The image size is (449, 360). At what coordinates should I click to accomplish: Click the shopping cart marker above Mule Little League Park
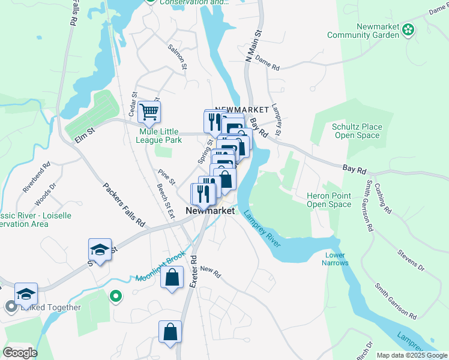click(149, 112)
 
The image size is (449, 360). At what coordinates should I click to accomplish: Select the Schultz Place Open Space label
click(357, 131)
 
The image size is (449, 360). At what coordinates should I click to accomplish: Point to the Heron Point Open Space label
click(328, 200)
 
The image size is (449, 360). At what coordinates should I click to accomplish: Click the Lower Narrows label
click(334, 259)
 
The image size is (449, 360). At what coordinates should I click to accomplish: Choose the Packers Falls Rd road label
click(124, 205)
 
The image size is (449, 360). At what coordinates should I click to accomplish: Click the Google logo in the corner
click(19, 352)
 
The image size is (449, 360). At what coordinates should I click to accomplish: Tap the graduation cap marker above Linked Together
click(26, 293)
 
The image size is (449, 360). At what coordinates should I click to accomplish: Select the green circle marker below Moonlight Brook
click(116, 296)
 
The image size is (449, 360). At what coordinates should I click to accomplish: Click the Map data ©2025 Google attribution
click(412, 355)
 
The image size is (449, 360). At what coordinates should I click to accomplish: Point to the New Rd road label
click(211, 271)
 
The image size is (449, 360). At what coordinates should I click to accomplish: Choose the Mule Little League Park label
click(160, 136)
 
